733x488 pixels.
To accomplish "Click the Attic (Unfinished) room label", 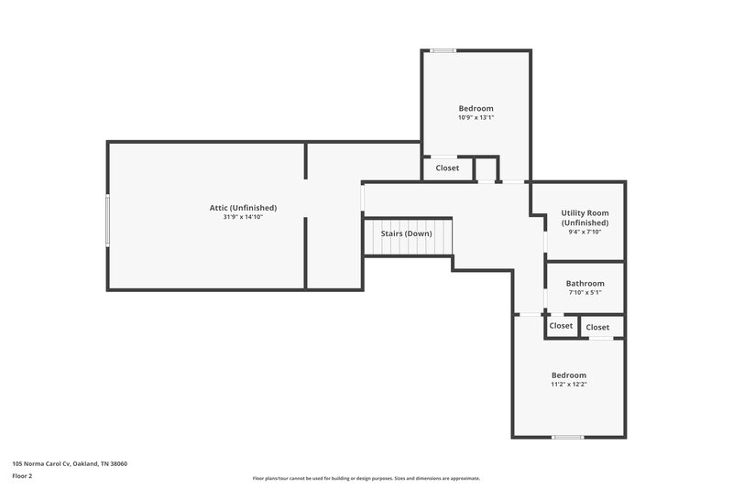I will tap(243, 208).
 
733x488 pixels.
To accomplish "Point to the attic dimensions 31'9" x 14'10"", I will tap(243, 217).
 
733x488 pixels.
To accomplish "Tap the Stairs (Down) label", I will tap(406, 233).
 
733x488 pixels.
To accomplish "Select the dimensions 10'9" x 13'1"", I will tap(476, 117).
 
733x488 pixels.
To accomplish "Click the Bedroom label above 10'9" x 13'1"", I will tap(476, 108).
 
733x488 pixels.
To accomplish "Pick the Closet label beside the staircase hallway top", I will tap(447, 168).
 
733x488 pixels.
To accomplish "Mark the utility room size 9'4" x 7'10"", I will tap(585, 232).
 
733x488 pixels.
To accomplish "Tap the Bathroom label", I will tap(585, 284).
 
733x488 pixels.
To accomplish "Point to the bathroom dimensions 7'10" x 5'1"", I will tap(585, 293).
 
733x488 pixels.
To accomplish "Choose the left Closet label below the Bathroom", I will tap(561, 326).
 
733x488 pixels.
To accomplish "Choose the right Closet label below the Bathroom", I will tap(597, 327).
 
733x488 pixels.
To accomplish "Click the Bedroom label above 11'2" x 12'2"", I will tap(568, 375).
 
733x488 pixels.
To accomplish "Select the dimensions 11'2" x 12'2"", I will tap(568, 385).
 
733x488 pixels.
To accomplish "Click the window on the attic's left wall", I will tap(108, 220).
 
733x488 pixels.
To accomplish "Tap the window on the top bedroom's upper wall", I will tap(444, 50).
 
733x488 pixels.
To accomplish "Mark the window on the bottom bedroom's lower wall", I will tap(568, 437).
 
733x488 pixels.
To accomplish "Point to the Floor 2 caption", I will tap(22, 476).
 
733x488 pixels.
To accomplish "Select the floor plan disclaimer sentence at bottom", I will tap(366, 478).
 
